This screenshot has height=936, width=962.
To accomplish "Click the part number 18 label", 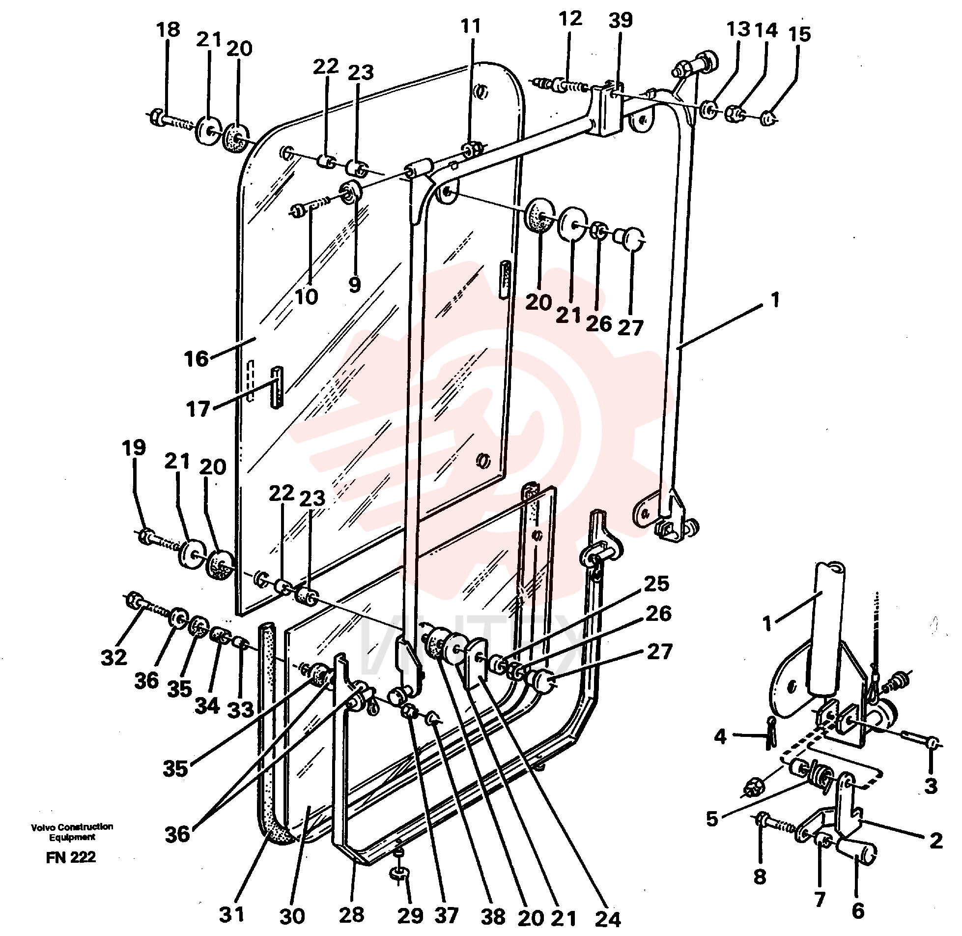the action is tap(168, 29).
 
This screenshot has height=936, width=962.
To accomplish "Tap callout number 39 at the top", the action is tap(621, 21).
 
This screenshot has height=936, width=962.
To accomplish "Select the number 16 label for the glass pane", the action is tap(197, 359).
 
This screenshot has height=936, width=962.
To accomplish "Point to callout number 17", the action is tap(198, 409).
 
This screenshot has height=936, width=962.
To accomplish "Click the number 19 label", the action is tap(134, 448).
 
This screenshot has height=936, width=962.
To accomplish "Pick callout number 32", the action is tap(114, 658).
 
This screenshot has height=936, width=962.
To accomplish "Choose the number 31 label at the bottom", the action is tap(231, 915).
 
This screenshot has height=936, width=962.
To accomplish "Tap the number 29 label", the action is tap(410, 915).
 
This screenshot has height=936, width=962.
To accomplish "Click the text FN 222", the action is tap(71, 858).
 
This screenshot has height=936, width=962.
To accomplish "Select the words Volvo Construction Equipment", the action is tap(72, 832).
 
